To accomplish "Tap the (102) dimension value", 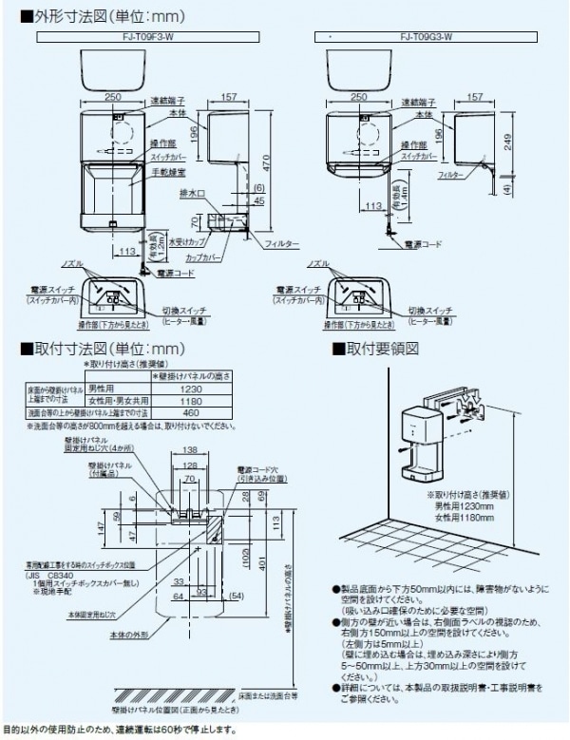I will (246, 562).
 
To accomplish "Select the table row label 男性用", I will (103, 389).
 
